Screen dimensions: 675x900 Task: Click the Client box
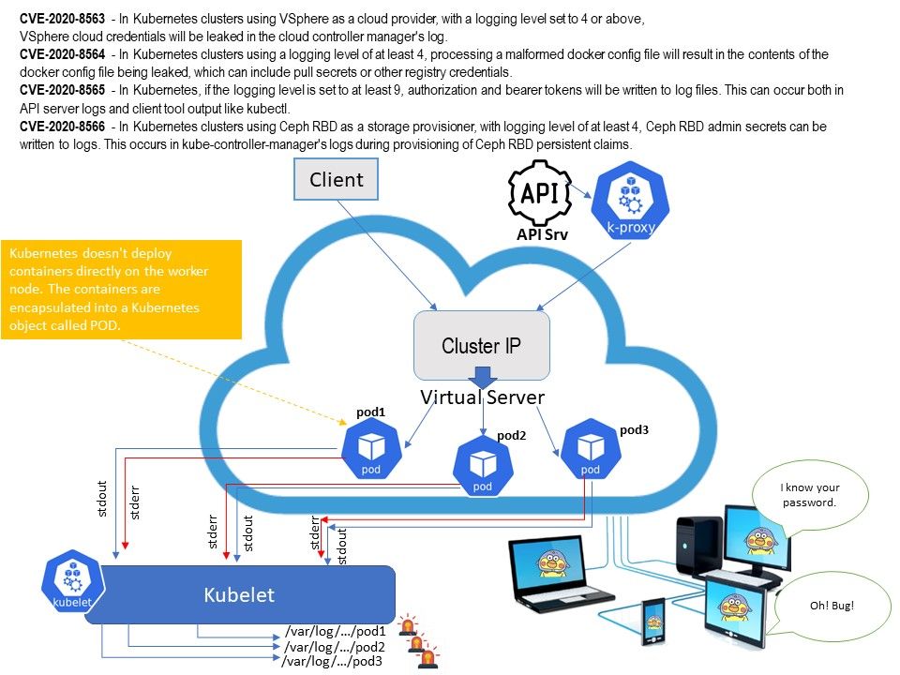click(x=337, y=179)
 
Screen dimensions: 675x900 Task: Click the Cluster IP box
click(x=481, y=345)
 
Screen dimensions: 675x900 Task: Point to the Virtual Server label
click(x=482, y=397)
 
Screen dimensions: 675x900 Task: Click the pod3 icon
click(x=590, y=448)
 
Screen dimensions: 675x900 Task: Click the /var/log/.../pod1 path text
click(x=335, y=632)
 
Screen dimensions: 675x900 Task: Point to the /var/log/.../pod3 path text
click(x=331, y=662)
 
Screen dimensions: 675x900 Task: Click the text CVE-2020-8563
click(x=62, y=19)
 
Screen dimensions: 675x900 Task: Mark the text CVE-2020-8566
click(x=62, y=126)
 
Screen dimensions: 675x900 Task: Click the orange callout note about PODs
click(x=122, y=290)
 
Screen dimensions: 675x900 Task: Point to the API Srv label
click(x=539, y=235)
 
